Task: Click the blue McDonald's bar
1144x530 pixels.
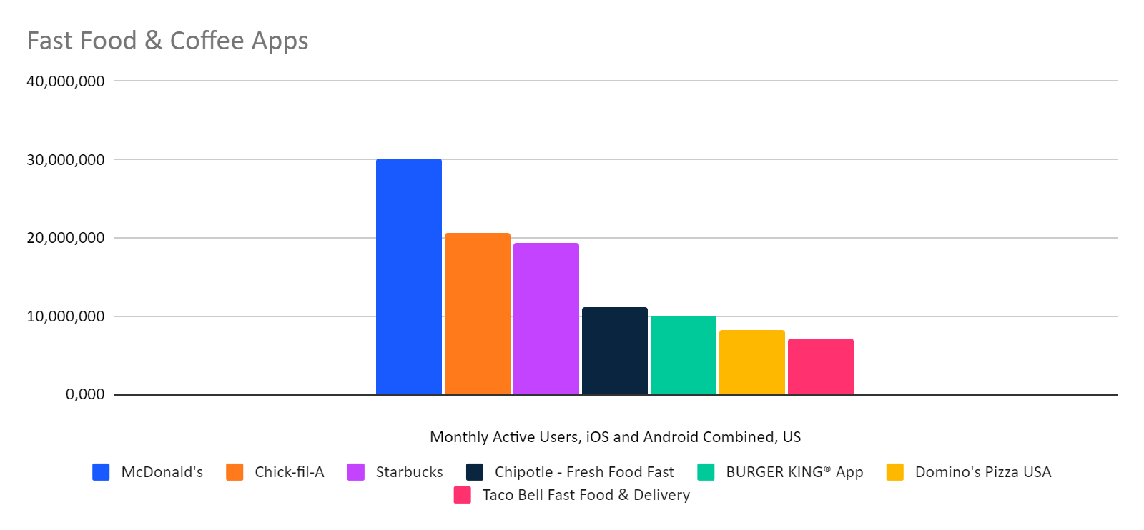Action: click(x=408, y=276)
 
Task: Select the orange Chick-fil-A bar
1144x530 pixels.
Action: click(x=477, y=314)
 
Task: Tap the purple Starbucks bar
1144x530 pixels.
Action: click(x=546, y=319)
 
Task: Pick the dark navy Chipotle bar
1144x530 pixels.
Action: click(x=614, y=351)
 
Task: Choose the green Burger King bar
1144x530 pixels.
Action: click(x=683, y=355)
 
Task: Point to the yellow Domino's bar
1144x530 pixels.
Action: click(x=751, y=362)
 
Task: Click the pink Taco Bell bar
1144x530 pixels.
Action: click(x=820, y=366)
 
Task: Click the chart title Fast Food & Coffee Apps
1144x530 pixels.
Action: click(x=167, y=41)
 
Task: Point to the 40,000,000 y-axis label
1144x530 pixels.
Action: click(x=66, y=81)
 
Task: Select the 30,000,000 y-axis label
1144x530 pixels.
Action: click(x=66, y=160)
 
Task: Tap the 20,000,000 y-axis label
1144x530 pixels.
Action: click(x=66, y=238)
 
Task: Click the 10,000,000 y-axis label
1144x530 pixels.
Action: click(x=66, y=316)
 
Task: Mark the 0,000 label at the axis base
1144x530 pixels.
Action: click(x=85, y=394)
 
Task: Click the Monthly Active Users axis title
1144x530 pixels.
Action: click(x=615, y=437)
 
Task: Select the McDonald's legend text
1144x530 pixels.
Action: click(x=162, y=472)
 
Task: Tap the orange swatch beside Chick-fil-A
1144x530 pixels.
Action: click(x=235, y=472)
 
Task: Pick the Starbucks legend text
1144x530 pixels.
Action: click(x=409, y=472)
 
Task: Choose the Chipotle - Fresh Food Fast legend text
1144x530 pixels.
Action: click(x=584, y=472)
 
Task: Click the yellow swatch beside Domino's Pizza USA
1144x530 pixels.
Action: click(x=895, y=472)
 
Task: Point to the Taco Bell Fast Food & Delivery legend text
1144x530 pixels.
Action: click(x=586, y=495)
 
